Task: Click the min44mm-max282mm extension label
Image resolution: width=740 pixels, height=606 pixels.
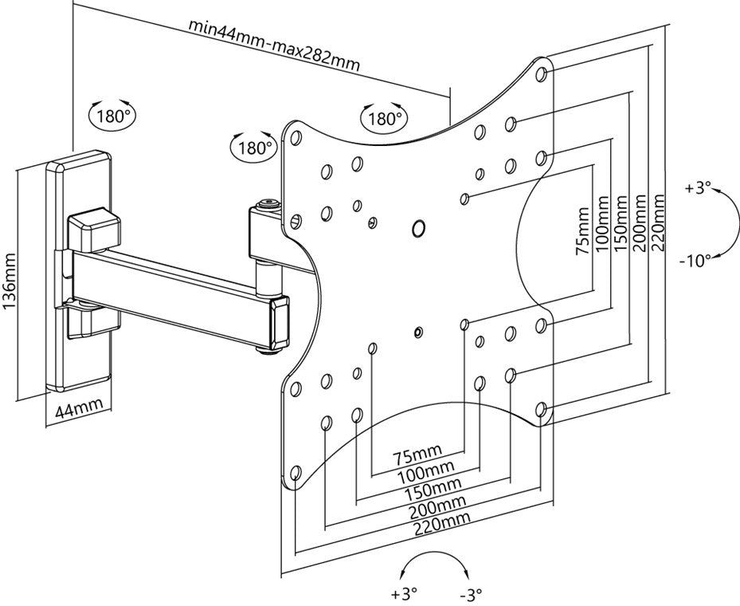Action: coord(273,41)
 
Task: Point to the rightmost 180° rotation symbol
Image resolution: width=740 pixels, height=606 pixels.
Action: coord(384,119)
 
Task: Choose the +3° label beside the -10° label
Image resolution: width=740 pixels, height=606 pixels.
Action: coord(697,188)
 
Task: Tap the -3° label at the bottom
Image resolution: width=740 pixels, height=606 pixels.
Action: coord(471,594)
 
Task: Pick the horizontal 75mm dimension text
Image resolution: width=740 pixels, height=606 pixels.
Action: coord(418,457)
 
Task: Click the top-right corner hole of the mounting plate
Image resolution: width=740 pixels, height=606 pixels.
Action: coord(542,74)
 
